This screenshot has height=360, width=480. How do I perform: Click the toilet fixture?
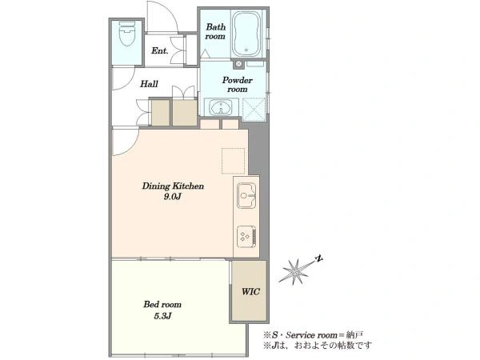point(126,34)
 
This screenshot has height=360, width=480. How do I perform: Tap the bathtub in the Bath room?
point(246,34)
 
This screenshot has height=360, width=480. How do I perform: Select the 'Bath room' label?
point(215,31)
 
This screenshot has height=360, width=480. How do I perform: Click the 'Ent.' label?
point(159,51)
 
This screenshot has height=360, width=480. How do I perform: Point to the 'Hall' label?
point(149,83)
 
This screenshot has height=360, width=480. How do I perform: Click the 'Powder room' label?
point(238,85)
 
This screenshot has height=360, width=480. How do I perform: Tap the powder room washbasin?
point(221,107)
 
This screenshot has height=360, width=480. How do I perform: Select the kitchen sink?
point(246,195)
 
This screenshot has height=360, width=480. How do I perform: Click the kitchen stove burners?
point(246,236)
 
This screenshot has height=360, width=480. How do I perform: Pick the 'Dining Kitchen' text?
point(173,186)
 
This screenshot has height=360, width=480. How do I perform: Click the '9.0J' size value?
point(173,197)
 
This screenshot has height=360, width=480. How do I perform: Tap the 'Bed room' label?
point(162,304)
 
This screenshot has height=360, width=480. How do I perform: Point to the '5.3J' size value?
point(162,316)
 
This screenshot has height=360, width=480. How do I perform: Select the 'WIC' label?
point(250,291)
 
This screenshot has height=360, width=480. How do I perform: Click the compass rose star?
point(295,271)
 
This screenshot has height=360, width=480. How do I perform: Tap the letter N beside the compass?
point(319,258)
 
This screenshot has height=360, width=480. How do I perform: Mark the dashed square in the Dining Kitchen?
point(234,161)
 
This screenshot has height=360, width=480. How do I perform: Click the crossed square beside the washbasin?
point(254,110)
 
